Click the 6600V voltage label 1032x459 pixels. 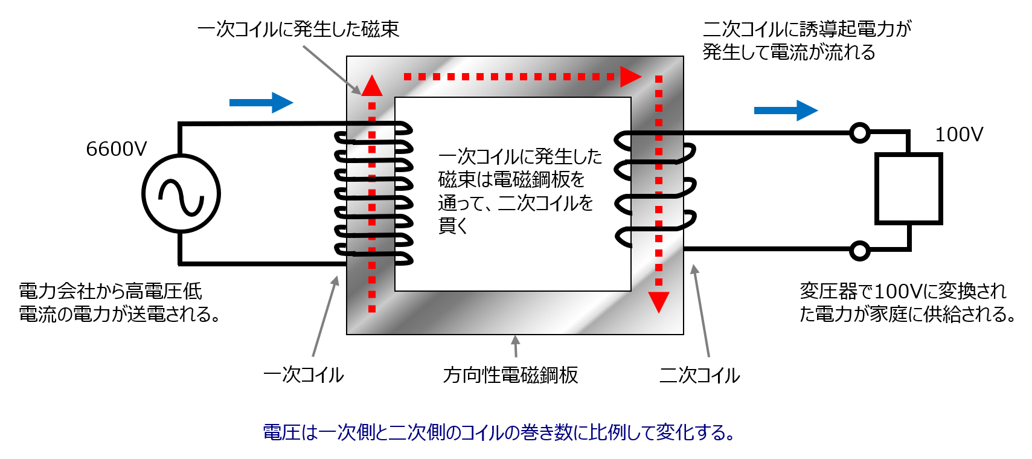(x=116, y=149)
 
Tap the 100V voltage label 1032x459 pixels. (x=959, y=134)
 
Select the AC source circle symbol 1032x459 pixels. (x=181, y=194)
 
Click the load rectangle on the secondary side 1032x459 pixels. (x=909, y=189)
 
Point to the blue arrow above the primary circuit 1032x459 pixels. (x=261, y=103)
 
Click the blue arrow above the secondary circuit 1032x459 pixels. (x=786, y=111)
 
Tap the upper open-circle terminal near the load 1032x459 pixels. (x=859, y=132)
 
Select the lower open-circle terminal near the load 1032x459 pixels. (x=859, y=250)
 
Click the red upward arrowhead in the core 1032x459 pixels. (x=372, y=86)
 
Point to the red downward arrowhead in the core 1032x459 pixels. (x=659, y=301)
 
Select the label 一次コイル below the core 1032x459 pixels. (x=304, y=375)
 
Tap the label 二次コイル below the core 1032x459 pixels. (x=699, y=375)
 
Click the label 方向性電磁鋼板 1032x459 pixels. (x=510, y=375)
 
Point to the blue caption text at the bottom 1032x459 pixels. (x=499, y=432)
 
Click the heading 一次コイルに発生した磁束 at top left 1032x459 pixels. (x=298, y=29)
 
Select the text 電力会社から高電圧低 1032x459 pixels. (x=111, y=291)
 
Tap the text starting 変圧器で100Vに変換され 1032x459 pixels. (x=903, y=291)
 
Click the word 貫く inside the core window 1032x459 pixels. (x=453, y=226)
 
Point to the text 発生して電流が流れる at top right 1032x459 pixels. (x=789, y=52)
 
